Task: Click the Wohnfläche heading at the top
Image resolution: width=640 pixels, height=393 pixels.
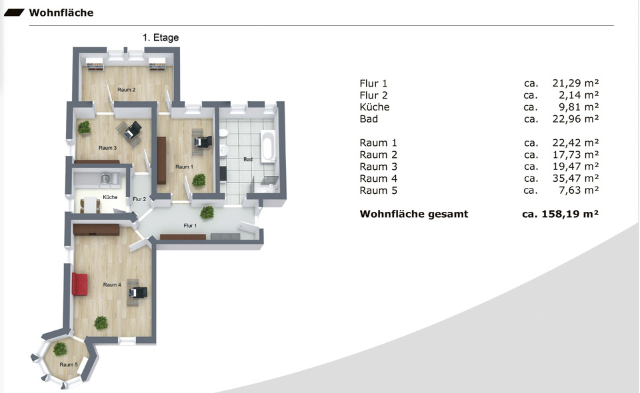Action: click(x=61, y=13)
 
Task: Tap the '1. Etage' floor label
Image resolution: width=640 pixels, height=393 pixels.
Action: click(x=161, y=38)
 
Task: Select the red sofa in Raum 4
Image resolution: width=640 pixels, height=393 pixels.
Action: click(x=79, y=284)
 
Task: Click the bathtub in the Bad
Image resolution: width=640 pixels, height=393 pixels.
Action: click(x=268, y=147)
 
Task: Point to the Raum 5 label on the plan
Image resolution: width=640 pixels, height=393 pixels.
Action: click(x=68, y=364)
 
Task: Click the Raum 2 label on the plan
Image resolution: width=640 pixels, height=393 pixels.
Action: click(x=127, y=89)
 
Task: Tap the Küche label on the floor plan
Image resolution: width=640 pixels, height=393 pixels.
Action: click(x=110, y=198)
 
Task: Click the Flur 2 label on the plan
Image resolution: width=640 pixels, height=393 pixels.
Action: click(x=139, y=199)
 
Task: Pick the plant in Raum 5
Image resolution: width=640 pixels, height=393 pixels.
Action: click(x=60, y=348)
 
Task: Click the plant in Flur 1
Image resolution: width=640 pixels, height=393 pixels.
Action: click(x=207, y=212)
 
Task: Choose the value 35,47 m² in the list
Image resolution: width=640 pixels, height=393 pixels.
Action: click(x=575, y=179)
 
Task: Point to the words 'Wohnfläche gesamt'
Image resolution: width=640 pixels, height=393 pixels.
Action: click(x=413, y=214)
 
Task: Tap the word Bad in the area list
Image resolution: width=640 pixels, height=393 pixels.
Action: click(x=369, y=119)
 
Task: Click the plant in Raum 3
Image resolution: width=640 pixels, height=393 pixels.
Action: click(x=84, y=127)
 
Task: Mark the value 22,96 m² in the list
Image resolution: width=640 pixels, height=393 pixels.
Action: click(x=575, y=119)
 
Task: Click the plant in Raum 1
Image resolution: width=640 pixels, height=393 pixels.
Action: click(x=199, y=180)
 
